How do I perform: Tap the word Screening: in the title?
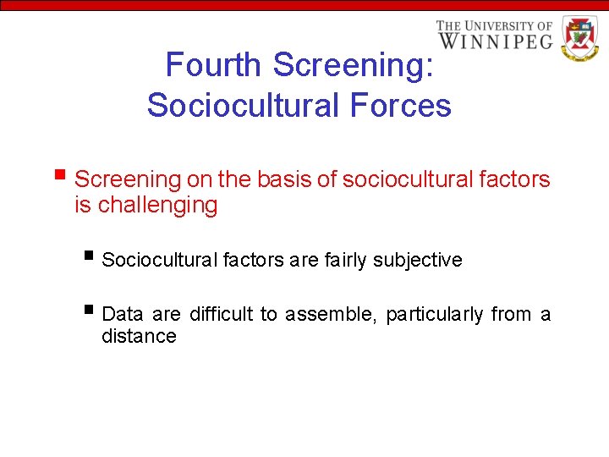[x=354, y=64]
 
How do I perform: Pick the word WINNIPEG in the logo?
[x=494, y=40]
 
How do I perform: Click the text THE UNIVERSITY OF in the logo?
[x=494, y=25]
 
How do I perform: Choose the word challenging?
[x=157, y=205]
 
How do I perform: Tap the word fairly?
[x=350, y=260]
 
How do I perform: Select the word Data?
[x=123, y=315]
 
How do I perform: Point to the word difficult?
[x=221, y=315]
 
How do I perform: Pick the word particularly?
[x=434, y=315]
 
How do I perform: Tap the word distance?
[x=139, y=337]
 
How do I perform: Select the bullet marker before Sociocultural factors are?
[x=91, y=256]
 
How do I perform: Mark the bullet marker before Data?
[x=91, y=311]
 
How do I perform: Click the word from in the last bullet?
[x=511, y=315]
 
